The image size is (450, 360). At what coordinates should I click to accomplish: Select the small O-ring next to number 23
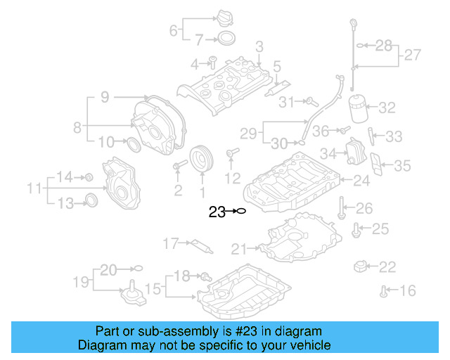240,211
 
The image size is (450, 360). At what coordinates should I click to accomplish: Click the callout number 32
387,108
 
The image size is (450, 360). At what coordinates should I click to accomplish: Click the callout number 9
104,98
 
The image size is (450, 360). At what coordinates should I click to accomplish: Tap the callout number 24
361,181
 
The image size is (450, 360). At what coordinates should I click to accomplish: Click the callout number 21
239,248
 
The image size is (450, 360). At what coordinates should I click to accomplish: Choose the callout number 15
153,288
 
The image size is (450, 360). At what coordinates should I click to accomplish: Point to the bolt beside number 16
384,290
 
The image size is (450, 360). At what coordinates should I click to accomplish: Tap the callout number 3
259,47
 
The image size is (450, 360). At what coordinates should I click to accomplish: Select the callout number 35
402,165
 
